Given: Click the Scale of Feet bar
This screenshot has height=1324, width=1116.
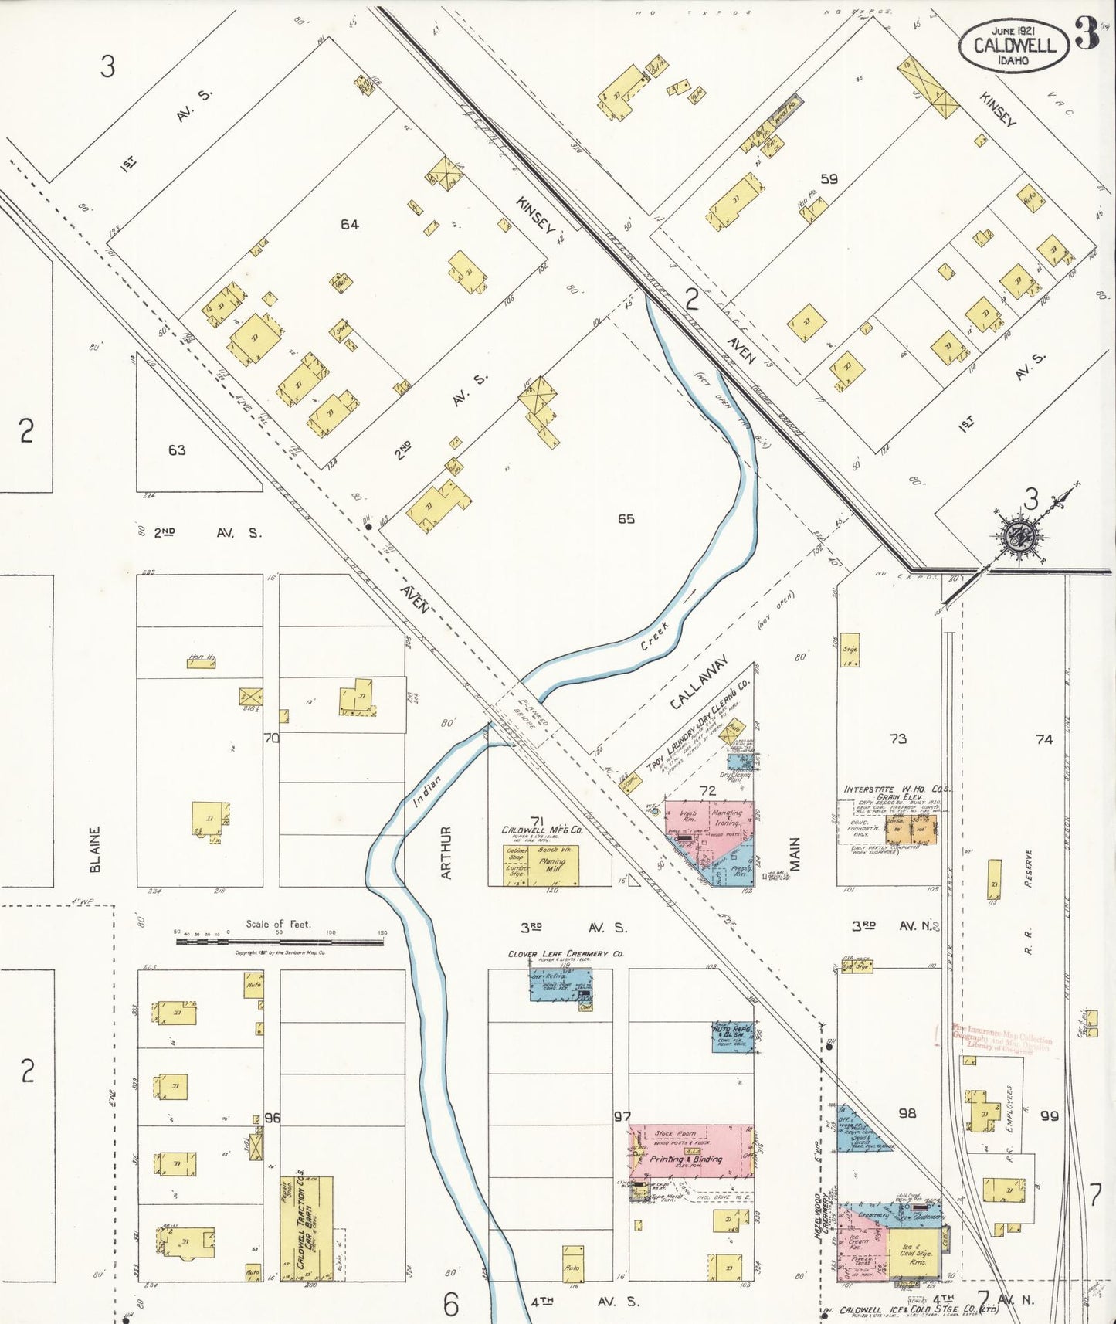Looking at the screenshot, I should click(x=279, y=941).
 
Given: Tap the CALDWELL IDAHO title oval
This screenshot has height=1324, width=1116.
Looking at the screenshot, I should click(x=1014, y=46).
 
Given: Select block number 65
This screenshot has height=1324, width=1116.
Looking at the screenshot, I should click(x=626, y=519).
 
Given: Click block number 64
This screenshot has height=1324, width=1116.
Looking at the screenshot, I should click(x=349, y=224).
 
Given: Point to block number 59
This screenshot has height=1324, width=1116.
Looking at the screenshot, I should click(x=829, y=178).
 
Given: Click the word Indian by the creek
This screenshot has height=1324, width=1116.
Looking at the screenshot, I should click(x=426, y=791).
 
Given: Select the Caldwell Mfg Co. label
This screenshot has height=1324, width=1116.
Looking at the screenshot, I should click(x=542, y=830).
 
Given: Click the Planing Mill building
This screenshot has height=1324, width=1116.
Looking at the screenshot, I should click(x=553, y=865).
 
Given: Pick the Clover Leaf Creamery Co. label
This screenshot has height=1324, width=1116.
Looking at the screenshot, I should click(x=565, y=954).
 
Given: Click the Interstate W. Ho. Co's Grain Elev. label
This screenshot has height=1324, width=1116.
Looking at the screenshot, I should click(x=896, y=793).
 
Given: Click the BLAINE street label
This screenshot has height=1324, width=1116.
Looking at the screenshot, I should click(x=96, y=849).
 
